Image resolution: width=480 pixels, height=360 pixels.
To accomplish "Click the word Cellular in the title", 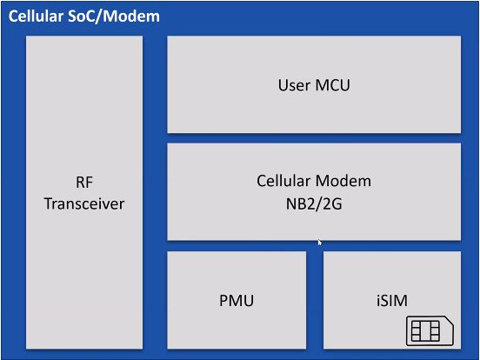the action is [36, 17].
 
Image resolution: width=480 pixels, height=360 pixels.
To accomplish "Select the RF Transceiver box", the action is [84, 192].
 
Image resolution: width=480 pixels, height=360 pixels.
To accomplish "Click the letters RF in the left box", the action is [84, 183].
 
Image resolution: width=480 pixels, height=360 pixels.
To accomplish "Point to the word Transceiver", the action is [84, 203].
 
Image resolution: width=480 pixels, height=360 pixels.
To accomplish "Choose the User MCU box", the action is [314, 84].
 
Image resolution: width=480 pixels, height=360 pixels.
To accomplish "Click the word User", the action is [292, 85].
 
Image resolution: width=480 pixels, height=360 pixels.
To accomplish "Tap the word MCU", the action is [332, 85].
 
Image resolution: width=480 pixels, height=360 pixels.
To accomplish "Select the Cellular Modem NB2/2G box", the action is [314, 192].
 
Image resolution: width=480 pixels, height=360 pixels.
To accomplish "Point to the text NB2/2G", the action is [314, 203].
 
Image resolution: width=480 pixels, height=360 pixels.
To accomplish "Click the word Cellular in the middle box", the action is [283, 181].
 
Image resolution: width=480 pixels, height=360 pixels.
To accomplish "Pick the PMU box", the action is [237, 300].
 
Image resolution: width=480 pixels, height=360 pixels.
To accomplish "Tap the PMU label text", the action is [237, 301].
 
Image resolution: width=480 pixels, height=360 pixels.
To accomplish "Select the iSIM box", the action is [392, 300].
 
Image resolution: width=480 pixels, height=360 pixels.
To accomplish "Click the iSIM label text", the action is [392, 301].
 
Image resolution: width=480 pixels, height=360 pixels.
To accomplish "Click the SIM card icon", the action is [430, 331].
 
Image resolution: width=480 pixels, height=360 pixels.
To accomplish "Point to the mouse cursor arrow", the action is [320, 243].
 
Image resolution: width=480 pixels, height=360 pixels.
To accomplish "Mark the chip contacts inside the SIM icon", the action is [425, 331].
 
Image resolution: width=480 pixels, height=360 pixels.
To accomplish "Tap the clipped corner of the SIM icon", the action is [449, 321].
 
